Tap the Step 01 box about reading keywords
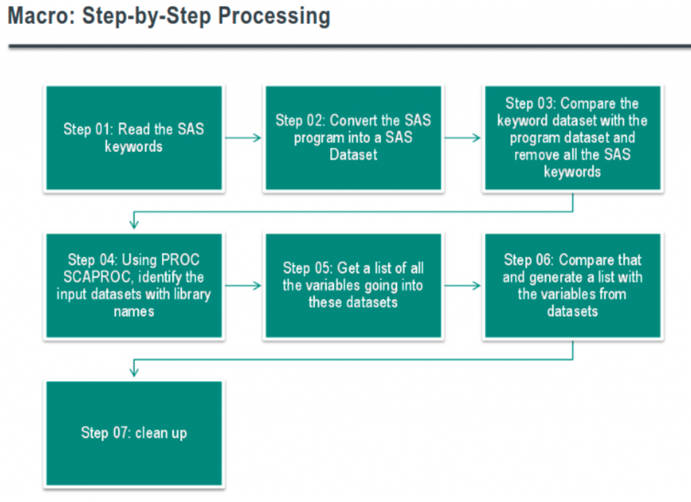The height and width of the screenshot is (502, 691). coord(134,138)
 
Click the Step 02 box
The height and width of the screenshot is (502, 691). coord(354,138)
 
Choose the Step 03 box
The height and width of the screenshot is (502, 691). coord(573,138)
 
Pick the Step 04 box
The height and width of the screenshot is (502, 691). coord(134,285)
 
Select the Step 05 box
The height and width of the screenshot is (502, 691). coord(354,285)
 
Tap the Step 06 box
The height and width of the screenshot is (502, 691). coord(573,285)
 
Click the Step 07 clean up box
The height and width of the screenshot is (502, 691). coord(134,433)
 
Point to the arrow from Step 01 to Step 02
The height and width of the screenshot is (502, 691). coord(243,138)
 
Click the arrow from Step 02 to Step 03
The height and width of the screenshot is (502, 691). coord(463,138)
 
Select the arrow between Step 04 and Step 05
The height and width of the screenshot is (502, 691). coord(243,285)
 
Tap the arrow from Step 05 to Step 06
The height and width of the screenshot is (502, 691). coord(463,285)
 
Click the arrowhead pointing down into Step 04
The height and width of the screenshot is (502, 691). coord(134,223)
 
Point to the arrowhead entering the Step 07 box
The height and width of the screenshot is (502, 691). coord(134,371)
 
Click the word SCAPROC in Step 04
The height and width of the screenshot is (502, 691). coord(97,277)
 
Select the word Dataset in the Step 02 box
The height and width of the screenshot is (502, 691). coord(354,155)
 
